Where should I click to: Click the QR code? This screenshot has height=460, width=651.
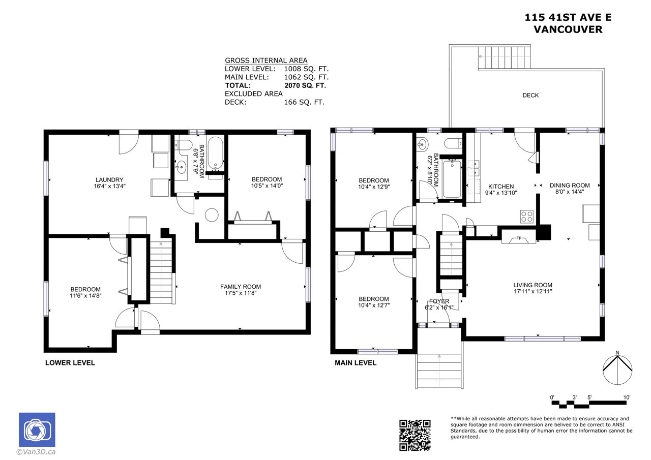coord(415,435)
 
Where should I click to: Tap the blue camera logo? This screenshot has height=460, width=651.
coord(37,430)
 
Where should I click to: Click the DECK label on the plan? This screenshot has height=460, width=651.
coord(530,95)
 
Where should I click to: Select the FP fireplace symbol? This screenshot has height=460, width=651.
coord(519,239)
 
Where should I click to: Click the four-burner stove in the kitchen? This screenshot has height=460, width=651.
coord(526,217)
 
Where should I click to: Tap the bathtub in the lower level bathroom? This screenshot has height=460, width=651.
coord(215,154)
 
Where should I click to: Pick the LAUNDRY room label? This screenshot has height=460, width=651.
coord(109,180)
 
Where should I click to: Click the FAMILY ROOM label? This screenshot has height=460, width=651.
coord(241,287)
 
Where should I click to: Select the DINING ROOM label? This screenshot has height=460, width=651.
coord(570,186)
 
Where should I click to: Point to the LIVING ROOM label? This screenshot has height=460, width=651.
coord(532,285)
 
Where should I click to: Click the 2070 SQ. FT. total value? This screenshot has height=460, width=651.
coord(305,85)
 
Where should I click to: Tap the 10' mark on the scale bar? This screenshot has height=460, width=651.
coord(627,397)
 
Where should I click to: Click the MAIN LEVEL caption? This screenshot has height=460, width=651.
coord(356,363)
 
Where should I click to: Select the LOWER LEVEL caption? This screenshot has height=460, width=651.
coord(70,363)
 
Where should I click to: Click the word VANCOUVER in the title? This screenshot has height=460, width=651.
coord(568,29)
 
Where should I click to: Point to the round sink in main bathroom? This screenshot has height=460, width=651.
coord(422,144)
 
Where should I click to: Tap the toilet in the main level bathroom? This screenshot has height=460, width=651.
coord(453,143)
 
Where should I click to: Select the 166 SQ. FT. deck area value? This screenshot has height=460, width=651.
coord(304,102)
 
